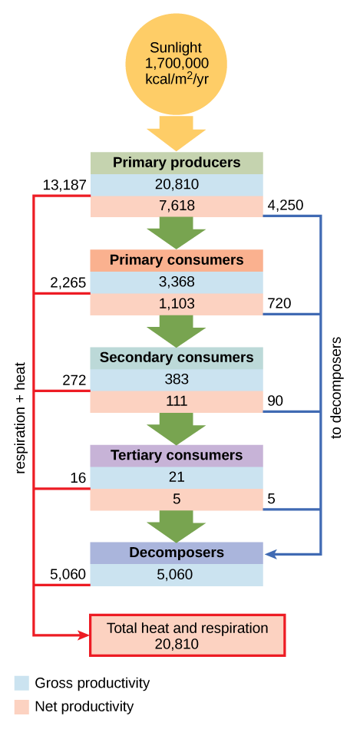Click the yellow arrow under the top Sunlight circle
coord(176,134)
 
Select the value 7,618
coord(177,206)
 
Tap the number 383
coord(177,379)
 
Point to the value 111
coord(177,401)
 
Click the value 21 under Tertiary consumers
coord(177,477)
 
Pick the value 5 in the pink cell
coord(177,499)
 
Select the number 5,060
coord(175,575)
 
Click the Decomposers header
coord(177,553)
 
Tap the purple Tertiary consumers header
coord(177,455)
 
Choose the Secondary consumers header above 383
coord(177,358)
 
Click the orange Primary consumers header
coord(177,260)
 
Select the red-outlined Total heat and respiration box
coord(187,635)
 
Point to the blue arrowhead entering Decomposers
coord(271,553)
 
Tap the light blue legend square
coord(21,683)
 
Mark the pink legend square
coord(21,707)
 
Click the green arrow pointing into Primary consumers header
coord(177,233)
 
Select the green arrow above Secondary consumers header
coord(177,331)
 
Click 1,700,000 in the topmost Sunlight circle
coord(177,63)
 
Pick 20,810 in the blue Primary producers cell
coord(177,184)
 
